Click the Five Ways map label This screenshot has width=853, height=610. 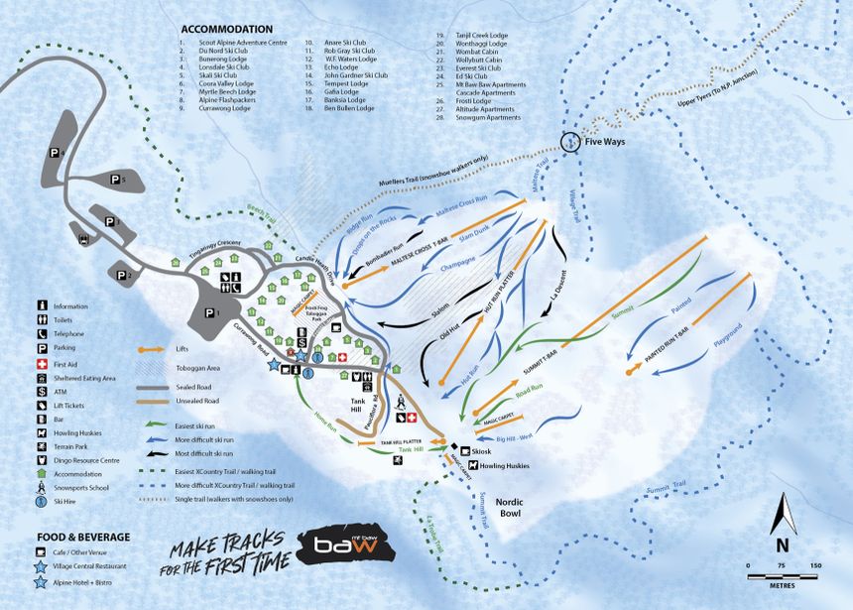click(x=607, y=143)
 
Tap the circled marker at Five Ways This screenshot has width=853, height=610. click(x=570, y=143)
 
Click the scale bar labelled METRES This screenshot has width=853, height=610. click(x=782, y=572)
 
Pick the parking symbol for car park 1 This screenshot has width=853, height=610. click(x=209, y=311)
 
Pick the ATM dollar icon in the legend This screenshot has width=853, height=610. click(x=42, y=393)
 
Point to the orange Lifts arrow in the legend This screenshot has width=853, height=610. click(x=152, y=350)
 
